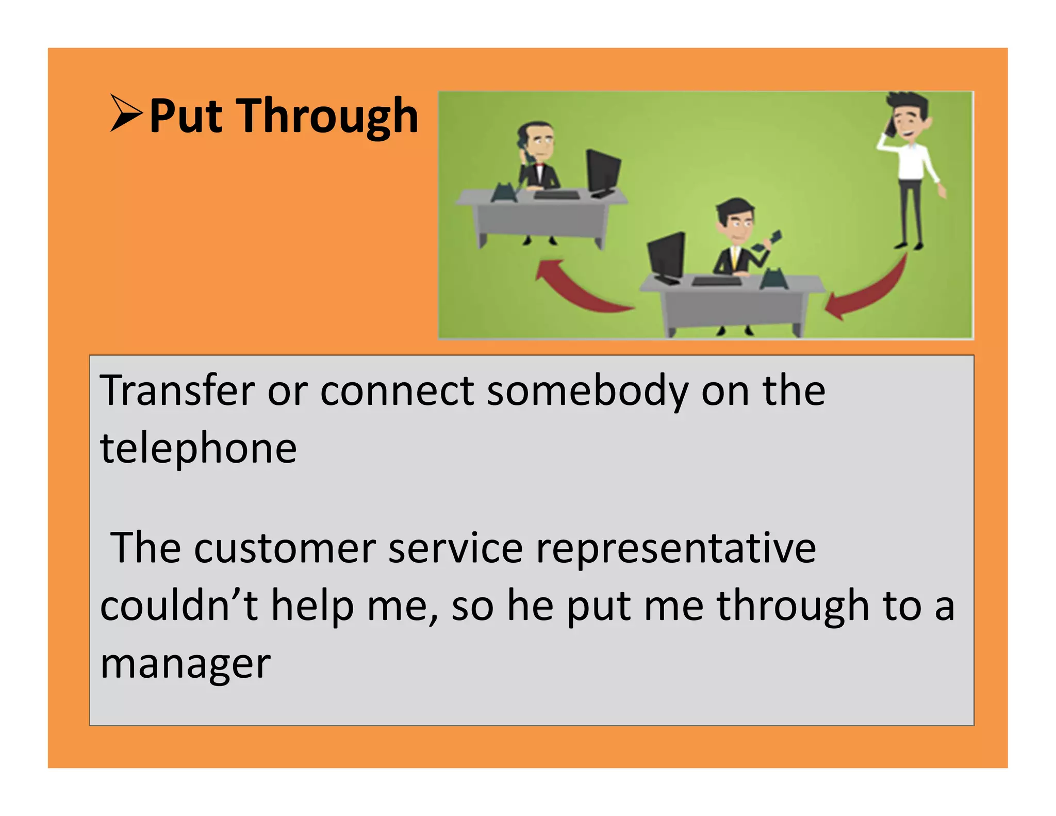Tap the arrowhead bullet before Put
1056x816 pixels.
(125, 113)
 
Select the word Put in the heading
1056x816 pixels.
(186, 117)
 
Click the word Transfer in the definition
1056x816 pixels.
(177, 390)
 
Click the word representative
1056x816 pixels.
(675, 548)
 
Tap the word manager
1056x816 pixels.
(185, 664)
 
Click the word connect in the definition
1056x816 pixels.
(397, 390)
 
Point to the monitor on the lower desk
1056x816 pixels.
(667, 255)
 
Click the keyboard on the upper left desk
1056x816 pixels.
(556, 194)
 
